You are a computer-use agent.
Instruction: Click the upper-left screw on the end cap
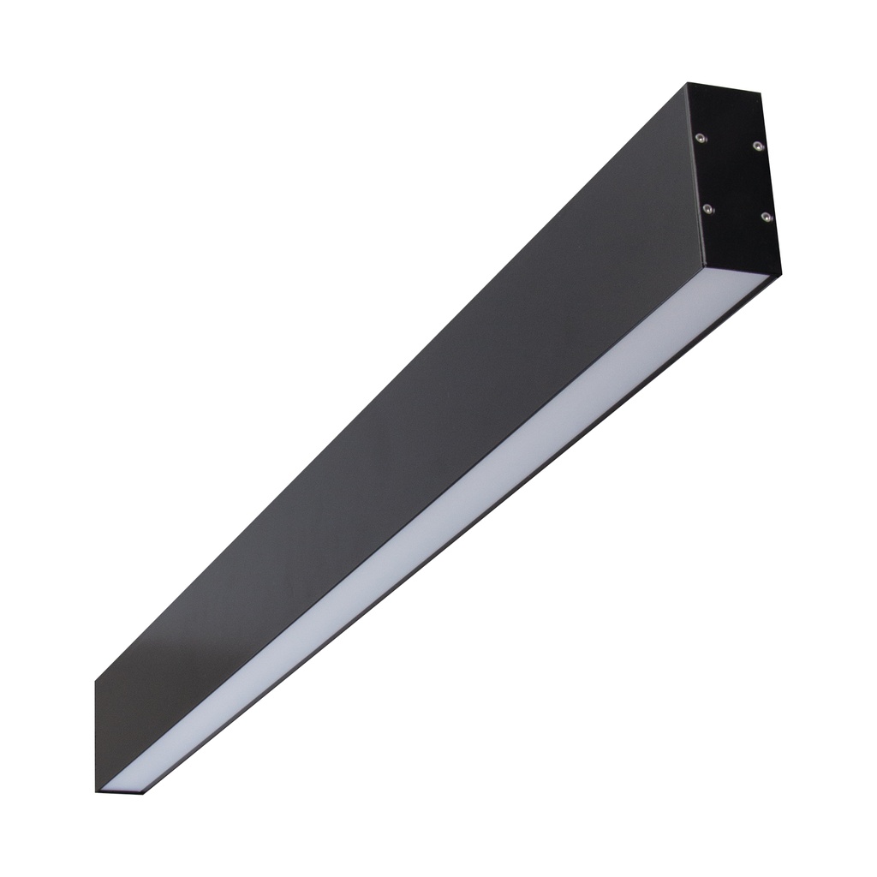coord(701,138)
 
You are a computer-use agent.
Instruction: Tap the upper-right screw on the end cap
coord(757,146)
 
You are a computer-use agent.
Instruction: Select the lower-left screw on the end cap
coord(707,208)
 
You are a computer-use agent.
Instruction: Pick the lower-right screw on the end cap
coord(766,218)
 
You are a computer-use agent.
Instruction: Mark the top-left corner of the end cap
coord(688,83)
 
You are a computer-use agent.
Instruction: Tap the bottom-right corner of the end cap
coord(780,274)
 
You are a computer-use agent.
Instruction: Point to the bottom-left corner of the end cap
coord(704,265)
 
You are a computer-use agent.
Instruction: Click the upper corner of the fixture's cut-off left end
coord(95,682)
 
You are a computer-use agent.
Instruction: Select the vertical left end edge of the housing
coord(95,737)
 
